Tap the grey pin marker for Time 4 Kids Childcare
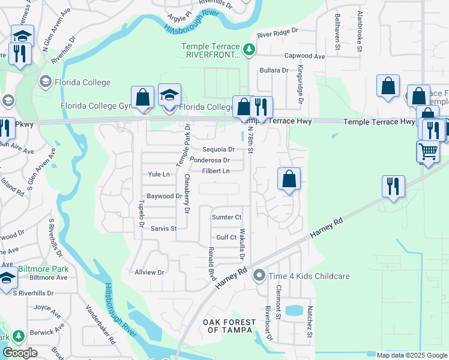tap(259, 276)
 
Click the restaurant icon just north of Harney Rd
tap(394, 186)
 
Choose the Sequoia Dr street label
tap(218, 149)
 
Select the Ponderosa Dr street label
tap(210, 160)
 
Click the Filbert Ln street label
tap(215, 171)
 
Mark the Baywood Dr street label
tap(164, 196)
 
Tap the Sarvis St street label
tap(163, 229)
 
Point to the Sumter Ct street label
tap(226, 217)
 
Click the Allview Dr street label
tap(150, 272)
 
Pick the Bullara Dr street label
tap(274, 70)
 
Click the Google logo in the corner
tap(20, 353)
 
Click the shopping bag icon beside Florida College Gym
tap(143, 97)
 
